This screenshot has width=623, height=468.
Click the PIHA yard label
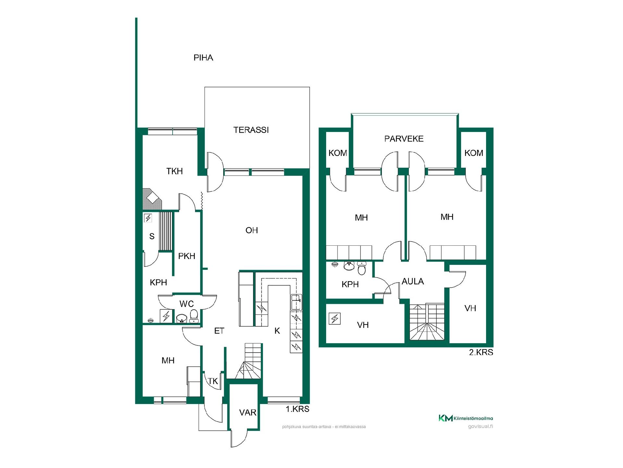tap(203, 58)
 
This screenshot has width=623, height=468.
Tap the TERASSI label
tap(251, 130)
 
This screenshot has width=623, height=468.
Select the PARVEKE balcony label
tap(404, 139)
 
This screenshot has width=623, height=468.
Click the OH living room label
tap(252, 230)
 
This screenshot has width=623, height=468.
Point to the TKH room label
tap(175, 171)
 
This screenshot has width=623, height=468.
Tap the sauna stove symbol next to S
tap(148, 218)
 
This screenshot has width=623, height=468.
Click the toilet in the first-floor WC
tap(194, 316)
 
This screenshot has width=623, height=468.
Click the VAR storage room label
tap(248, 413)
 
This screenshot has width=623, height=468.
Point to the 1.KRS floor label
tap(298, 409)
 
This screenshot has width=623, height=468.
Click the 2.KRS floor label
tap(481, 352)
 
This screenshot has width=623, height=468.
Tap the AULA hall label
tap(413, 281)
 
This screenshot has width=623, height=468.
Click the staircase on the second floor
tap(427, 322)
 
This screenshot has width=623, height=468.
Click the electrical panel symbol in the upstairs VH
tap(335, 318)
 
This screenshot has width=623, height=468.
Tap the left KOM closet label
tap(338, 153)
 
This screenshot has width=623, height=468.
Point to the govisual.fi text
tap(481, 426)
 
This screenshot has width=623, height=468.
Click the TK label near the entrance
tap(213, 381)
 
